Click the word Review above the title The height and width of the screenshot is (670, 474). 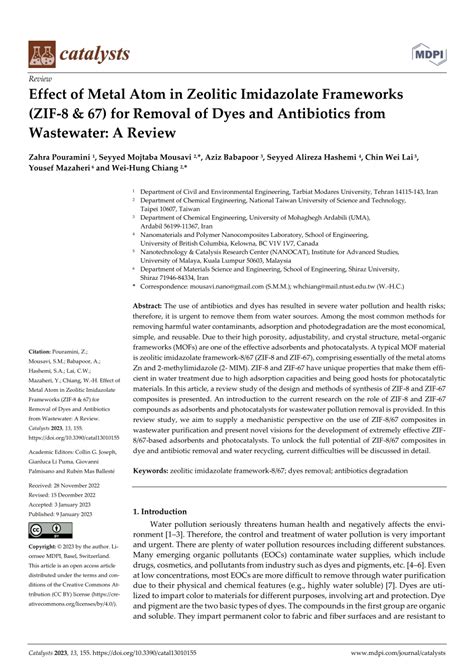coord(41,76)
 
